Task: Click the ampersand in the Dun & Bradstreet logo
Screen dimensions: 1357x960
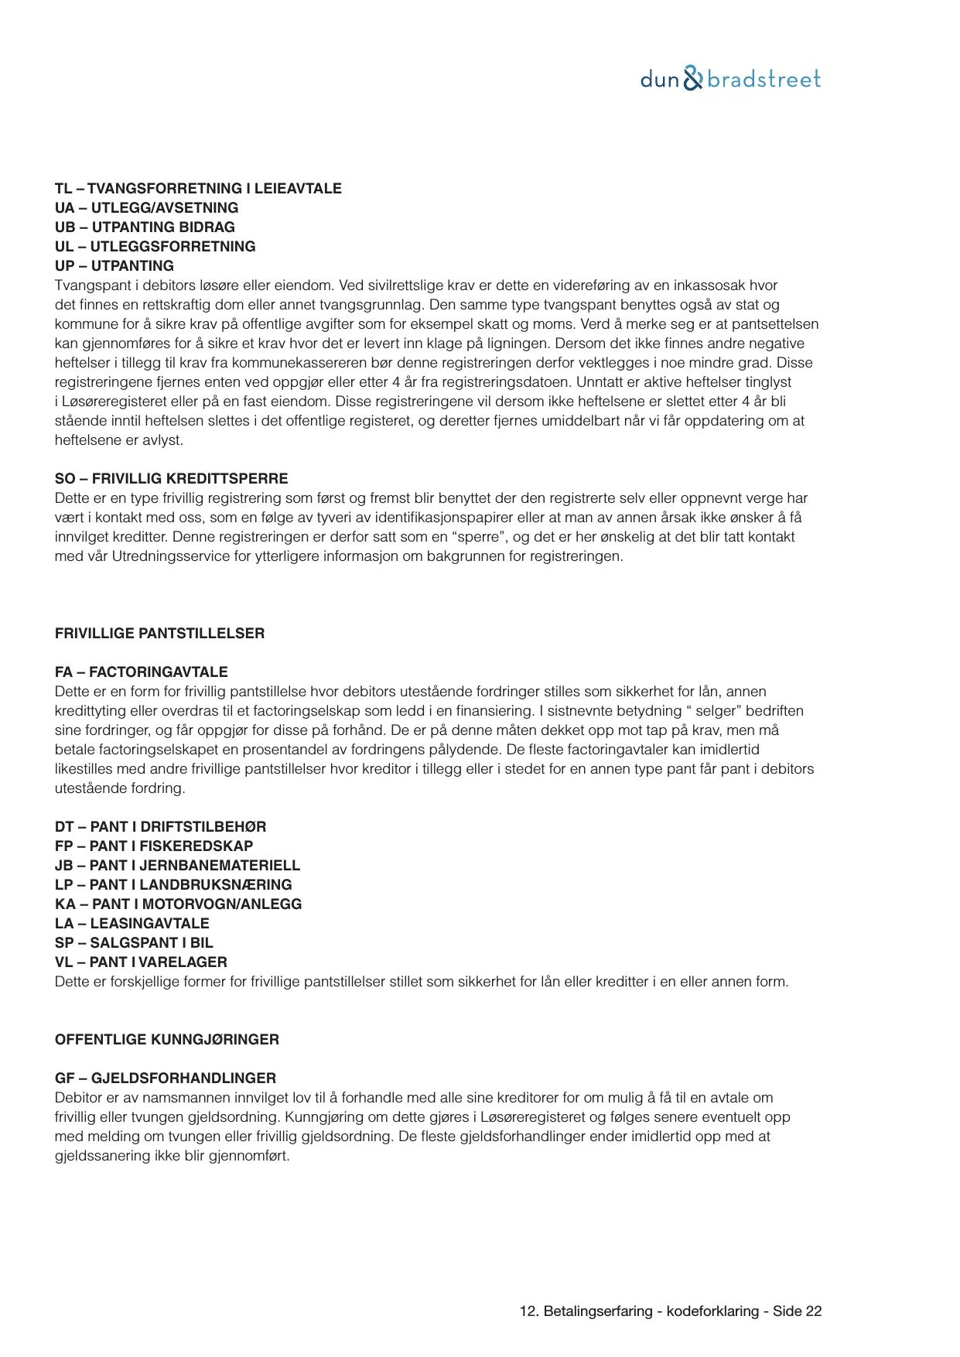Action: coord(693,79)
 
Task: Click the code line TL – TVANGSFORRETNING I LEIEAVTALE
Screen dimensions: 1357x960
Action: coord(198,189)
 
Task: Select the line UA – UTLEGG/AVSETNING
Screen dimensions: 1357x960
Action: coord(146,208)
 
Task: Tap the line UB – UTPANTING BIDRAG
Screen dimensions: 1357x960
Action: coord(145,227)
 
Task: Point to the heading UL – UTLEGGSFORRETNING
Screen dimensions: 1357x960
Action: coord(155,247)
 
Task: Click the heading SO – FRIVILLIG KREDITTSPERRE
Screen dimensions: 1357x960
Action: coord(171,479)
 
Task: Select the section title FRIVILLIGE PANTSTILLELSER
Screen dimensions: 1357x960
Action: coord(159,634)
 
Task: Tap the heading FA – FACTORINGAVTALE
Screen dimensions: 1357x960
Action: coord(142,672)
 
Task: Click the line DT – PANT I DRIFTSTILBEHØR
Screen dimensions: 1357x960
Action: coord(160,827)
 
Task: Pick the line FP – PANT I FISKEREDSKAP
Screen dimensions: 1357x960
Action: coord(154,846)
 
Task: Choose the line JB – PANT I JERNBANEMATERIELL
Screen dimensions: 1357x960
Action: coord(177,866)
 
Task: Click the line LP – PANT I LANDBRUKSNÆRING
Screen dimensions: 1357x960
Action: coord(173,885)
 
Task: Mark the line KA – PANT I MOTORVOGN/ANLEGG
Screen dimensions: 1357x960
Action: coord(178,904)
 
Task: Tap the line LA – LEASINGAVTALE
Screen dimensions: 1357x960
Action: coord(132,924)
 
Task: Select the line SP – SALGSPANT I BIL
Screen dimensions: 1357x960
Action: coord(134,943)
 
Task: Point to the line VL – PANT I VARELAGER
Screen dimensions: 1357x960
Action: coord(141,962)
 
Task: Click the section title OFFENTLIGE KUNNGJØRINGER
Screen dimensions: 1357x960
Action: coord(167,1040)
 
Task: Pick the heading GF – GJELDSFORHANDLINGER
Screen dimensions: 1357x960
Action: coord(166,1078)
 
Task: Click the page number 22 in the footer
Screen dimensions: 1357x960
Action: coord(813,1311)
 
